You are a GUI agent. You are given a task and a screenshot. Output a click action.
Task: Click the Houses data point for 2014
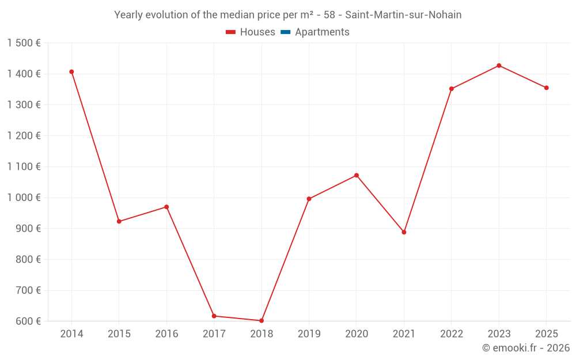71,72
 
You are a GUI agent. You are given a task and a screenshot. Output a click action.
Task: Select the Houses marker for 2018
262,321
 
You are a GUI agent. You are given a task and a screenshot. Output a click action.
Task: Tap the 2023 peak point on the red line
499,66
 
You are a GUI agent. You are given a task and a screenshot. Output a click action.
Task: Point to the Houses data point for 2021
404,232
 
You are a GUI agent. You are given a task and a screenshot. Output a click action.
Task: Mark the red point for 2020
357,175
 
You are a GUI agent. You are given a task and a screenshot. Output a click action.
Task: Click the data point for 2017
214,316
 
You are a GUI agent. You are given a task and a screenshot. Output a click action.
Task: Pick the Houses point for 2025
547,88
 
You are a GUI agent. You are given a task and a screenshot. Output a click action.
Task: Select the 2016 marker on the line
166,207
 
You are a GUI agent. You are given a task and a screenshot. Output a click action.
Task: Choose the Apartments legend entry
321,32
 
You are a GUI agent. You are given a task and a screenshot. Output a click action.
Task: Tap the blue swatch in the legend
285,32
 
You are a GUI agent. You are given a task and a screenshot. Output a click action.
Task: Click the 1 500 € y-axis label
24,43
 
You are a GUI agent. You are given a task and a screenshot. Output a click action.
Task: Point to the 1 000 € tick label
24,198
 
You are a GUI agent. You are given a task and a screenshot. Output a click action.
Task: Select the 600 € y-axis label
28,321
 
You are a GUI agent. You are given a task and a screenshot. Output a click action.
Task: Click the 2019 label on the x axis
309,334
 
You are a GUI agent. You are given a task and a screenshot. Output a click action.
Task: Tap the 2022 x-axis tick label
452,334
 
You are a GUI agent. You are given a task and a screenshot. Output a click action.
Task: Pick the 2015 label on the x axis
119,334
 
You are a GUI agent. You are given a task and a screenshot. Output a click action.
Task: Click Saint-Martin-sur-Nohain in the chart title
403,15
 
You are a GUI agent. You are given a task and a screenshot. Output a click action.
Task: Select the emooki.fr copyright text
526,348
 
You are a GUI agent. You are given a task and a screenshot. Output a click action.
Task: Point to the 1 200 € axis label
24,136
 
